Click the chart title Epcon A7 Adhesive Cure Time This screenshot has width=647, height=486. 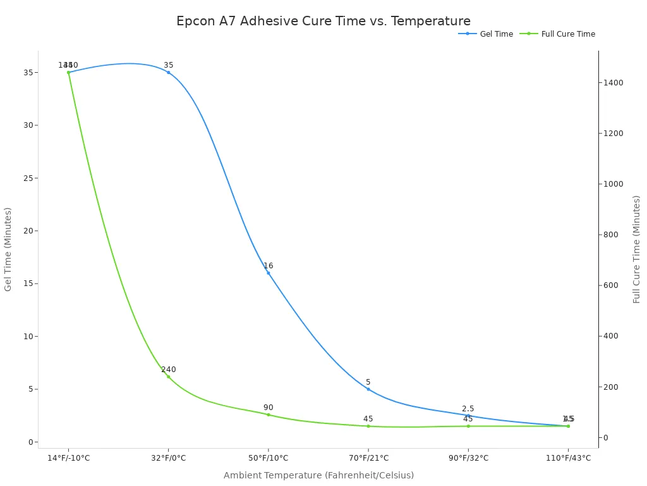(323, 22)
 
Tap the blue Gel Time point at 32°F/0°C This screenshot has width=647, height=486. (168, 72)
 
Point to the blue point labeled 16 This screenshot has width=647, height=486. (268, 273)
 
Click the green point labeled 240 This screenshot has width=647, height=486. (168, 377)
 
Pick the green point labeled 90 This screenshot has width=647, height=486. (268, 414)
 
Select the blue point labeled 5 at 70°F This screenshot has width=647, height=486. (368, 389)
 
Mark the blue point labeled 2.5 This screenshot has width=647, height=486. (468, 415)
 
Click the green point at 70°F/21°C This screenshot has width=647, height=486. (368, 426)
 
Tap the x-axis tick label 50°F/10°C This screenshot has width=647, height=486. (268, 458)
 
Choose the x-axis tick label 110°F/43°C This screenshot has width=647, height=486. (567, 458)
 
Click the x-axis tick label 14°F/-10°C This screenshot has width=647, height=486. (68, 458)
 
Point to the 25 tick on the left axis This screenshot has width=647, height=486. (27, 178)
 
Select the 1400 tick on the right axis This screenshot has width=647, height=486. (614, 83)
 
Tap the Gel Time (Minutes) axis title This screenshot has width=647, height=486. (8, 249)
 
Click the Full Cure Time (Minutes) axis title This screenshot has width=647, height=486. (637, 249)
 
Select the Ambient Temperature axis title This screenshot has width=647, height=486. (318, 475)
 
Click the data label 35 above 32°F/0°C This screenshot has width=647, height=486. (168, 65)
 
